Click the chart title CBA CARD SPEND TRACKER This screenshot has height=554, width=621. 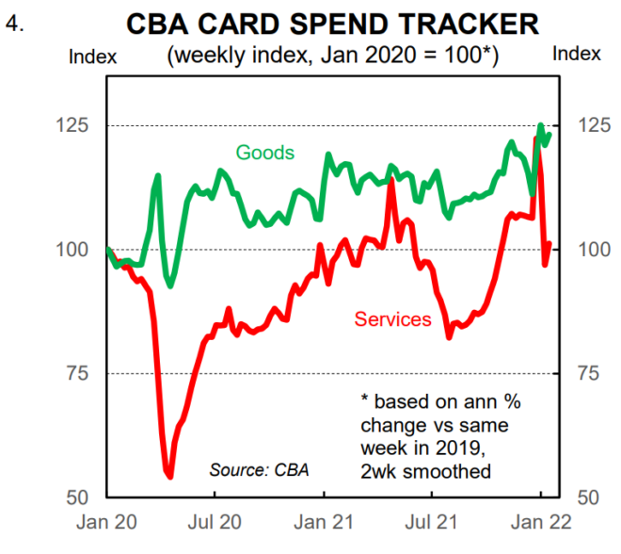332,23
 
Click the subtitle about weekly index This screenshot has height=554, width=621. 332,55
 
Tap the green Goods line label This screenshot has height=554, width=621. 264,153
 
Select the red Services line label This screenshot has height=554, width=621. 392,319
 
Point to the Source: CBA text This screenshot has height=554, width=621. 258,468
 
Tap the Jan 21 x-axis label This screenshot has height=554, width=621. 324,521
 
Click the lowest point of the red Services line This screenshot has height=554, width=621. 169,476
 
